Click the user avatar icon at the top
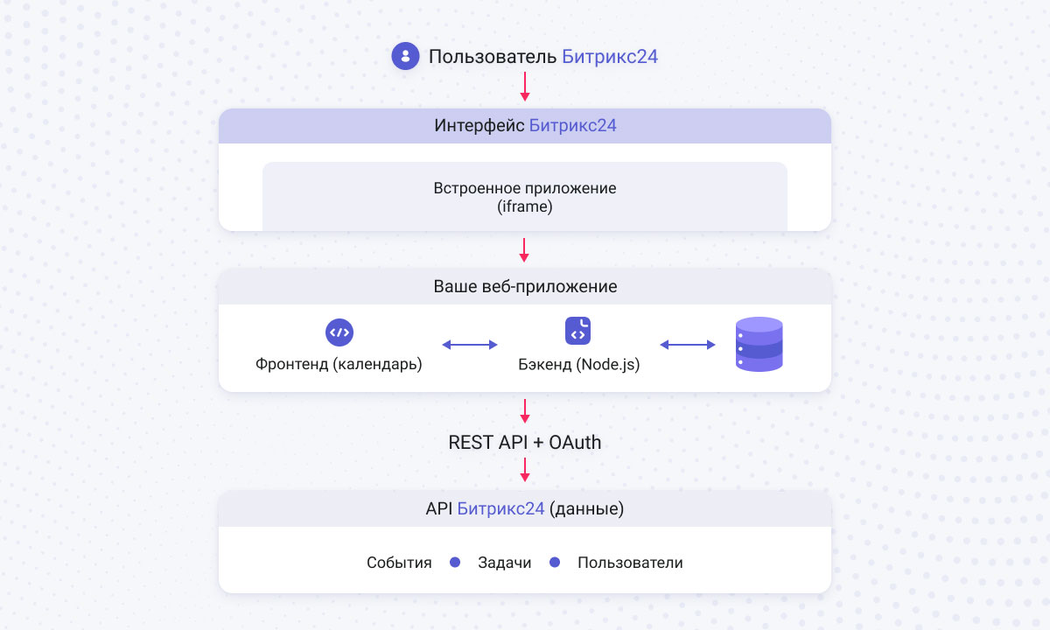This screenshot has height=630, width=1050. coord(405,57)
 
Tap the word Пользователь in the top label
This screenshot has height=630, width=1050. coord(493,58)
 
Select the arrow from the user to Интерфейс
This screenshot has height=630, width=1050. coord(525,86)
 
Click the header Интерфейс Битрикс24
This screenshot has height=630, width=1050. coord(525,126)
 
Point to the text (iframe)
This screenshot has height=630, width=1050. coord(525,207)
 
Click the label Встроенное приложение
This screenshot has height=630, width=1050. coord(525,188)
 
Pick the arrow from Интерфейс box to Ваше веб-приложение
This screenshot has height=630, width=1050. coord(525,249)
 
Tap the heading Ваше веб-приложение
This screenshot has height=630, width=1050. coord(525,287)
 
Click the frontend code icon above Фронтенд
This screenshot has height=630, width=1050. coord(339,332)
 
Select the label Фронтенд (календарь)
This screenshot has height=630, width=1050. coord(339,364)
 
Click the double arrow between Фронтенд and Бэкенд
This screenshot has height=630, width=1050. coord(470,345)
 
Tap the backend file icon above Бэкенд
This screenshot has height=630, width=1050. coord(578,331)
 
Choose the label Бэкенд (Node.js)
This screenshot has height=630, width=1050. coord(578,364)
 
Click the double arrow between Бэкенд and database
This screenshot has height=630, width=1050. coord(688,345)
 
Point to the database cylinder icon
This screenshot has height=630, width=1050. coord(759,345)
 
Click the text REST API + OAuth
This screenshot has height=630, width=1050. coord(525,443)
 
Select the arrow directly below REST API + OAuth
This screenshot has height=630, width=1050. coord(525,469)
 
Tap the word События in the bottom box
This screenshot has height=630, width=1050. coord(399,563)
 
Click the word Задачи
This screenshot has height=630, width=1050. coord(505,563)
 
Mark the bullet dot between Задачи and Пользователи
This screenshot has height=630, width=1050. coord(554,563)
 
